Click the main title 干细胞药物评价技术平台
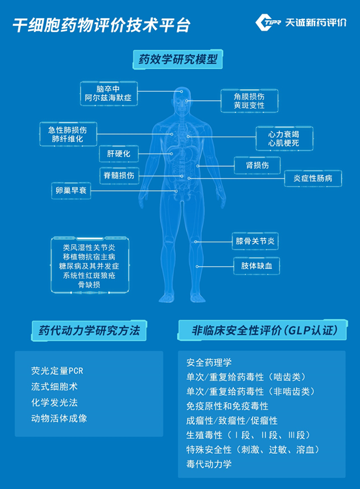[102, 25]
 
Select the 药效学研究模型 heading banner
[178, 59]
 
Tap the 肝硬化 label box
[118, 154]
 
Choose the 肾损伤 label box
[257, 165]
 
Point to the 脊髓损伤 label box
[119, 176]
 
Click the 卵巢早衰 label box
[71, 191]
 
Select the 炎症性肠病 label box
[313, 178]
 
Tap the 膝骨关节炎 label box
[255, 241]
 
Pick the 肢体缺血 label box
[256, 266]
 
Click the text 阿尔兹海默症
[108, 98]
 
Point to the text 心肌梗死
[284, 143]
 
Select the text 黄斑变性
[249, 105]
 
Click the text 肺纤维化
[68, 139]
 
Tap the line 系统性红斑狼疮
[89, 275]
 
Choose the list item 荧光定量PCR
[57, 370]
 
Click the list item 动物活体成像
[59, 418]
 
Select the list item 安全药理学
[209, 363]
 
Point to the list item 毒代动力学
[209, 464]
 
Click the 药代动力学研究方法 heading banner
[89, 331]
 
